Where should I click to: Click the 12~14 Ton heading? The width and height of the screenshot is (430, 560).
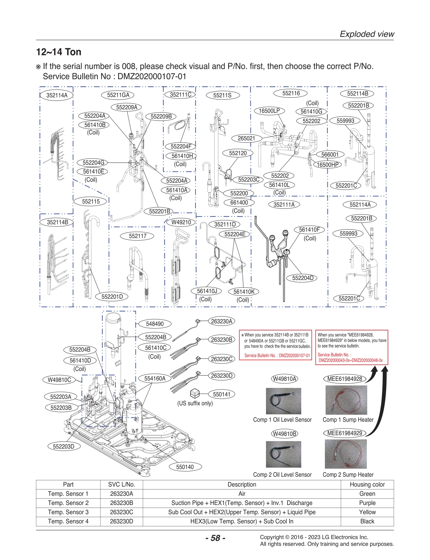[59, 52]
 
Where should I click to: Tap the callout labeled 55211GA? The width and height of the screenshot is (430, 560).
[118, 95]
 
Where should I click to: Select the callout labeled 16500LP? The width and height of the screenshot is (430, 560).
[269, 111]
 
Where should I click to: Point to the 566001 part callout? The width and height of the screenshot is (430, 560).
[329, 154]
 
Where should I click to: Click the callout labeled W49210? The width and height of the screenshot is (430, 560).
[181, 222]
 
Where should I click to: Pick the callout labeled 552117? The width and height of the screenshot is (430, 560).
[137, 236]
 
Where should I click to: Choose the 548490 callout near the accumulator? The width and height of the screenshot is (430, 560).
[155, 324]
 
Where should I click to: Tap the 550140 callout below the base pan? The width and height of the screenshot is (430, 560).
[185, 467]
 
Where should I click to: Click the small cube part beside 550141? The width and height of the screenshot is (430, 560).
[195, 393]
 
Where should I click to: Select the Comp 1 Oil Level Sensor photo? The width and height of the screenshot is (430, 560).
[283, 401]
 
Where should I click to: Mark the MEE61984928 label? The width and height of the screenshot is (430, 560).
[345, 379]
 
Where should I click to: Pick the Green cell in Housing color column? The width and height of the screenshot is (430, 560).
[367, 494]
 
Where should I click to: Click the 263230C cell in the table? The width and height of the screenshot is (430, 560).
[121, 512]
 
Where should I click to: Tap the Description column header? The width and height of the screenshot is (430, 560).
[242, 485]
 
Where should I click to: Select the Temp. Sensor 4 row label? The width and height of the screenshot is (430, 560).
[68, 521]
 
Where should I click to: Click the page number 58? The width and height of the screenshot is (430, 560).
[215, 538]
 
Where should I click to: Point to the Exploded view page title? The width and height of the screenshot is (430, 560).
[367, 34]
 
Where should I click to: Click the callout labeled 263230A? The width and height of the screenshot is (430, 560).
[222, 321]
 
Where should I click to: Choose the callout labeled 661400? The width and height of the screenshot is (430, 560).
[239, 202]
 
